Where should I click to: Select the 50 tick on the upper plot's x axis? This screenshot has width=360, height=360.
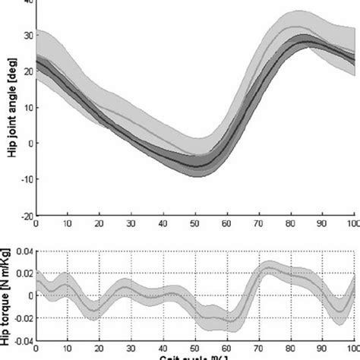195,225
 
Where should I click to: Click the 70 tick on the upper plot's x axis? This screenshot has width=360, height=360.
259,225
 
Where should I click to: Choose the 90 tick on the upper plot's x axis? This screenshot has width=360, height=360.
322,225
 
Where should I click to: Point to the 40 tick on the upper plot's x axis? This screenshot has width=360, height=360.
163,225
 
